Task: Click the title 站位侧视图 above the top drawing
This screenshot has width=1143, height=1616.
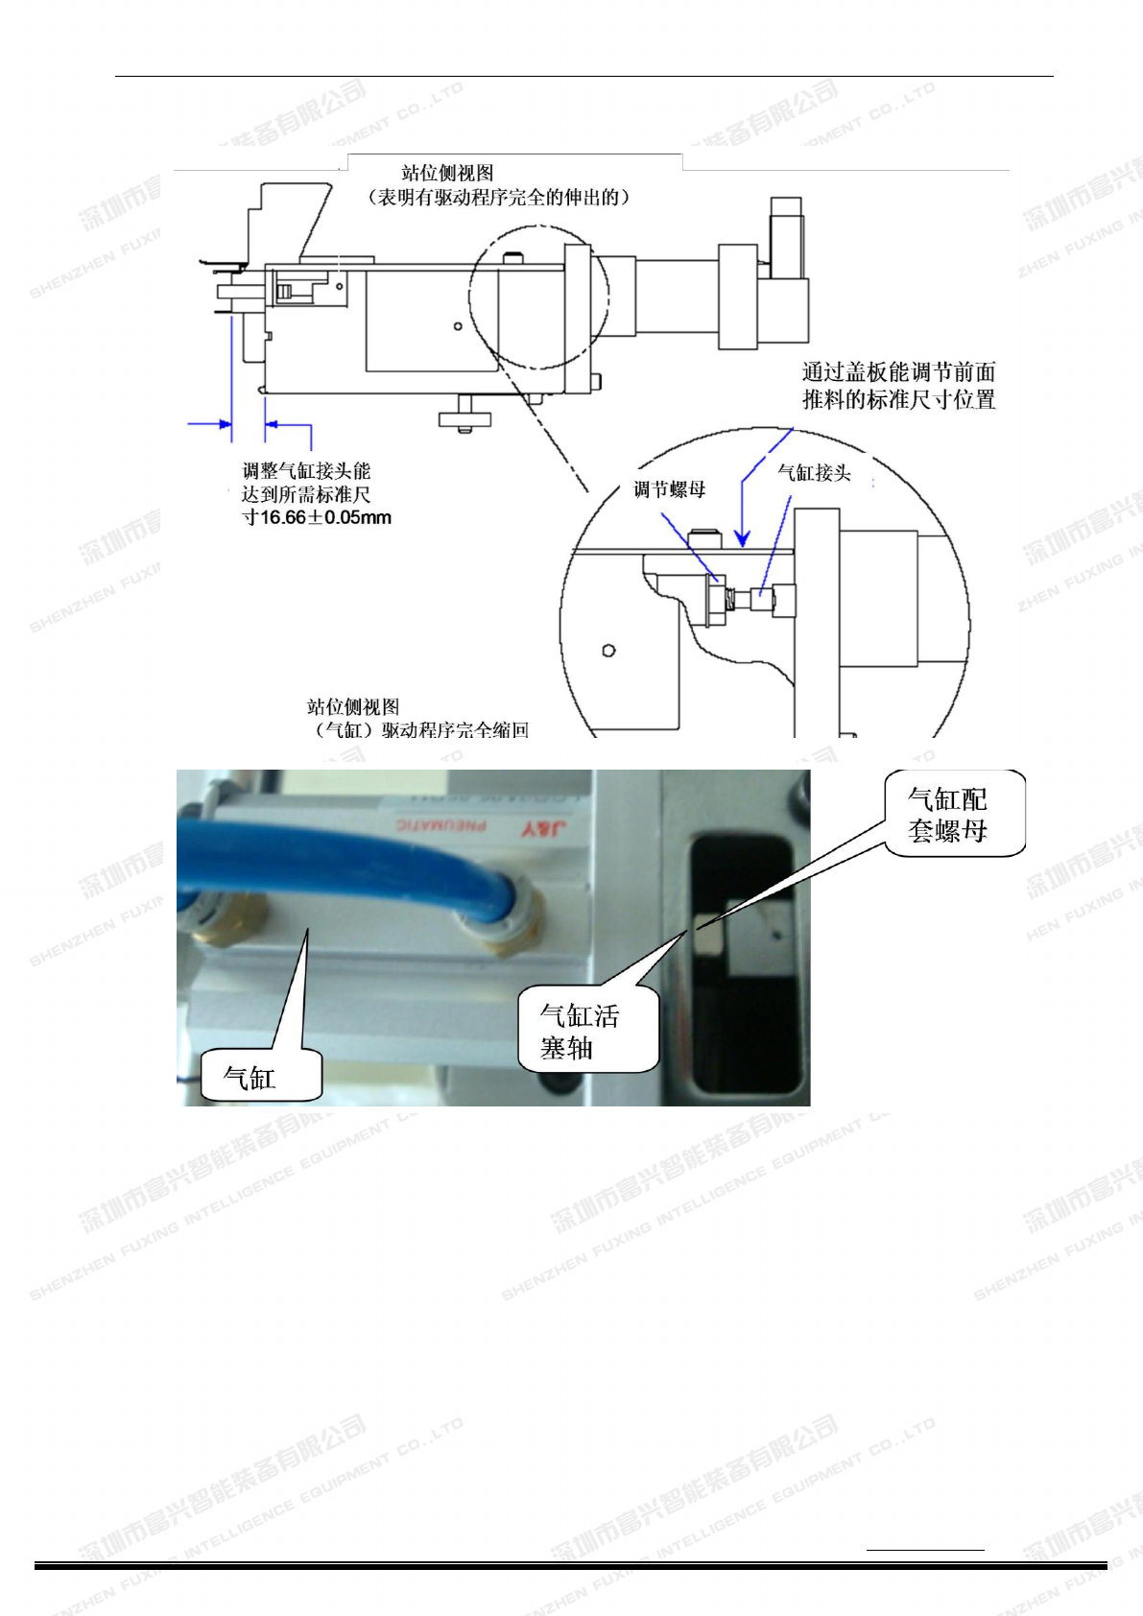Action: [x=447, y=174]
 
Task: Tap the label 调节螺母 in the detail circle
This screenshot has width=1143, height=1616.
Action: [x=669, y=489]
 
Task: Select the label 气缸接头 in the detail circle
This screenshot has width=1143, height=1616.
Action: [x=814, y=472]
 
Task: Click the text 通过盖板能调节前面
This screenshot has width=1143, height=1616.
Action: [x=898, y=372]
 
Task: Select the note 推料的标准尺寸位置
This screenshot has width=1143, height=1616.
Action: [x=898, y=399]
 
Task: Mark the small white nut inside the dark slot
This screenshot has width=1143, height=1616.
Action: [x=707, y=939]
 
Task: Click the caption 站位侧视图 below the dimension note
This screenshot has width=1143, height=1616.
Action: [x=352, y=707]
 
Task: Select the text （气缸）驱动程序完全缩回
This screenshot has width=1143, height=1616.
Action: [x=422, y=730]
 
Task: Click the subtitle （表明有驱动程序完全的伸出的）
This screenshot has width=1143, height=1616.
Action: [x=499, y=198]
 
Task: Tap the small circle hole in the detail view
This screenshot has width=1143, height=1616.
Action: [x=608, y=651]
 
